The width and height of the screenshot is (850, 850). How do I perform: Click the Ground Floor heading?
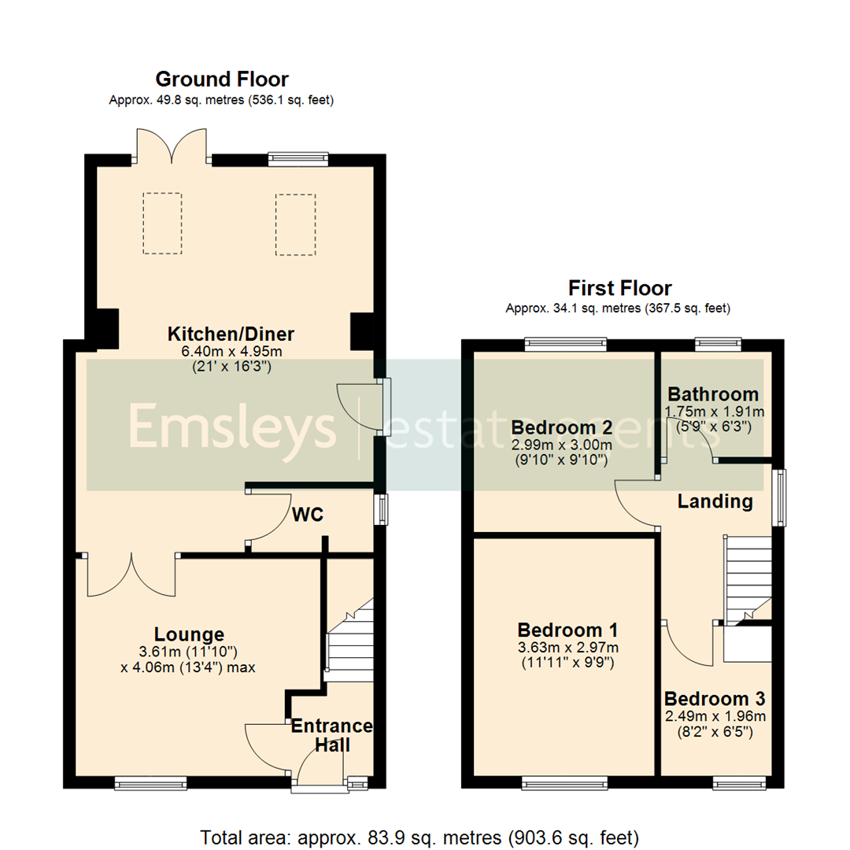221,79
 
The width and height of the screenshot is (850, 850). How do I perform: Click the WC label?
308,515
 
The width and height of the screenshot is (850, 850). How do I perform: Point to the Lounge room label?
189,634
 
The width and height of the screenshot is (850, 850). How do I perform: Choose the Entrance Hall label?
331,734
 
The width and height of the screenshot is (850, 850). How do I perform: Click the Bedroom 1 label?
567,630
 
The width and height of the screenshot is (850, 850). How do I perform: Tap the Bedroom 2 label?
562,428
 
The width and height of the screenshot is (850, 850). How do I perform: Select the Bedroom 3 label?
715,699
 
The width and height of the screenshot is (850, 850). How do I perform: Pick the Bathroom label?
713,394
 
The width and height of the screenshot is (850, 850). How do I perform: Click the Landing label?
715,501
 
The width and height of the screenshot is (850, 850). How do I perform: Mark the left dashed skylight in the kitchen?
163,224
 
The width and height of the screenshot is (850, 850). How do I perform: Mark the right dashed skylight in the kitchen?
295,224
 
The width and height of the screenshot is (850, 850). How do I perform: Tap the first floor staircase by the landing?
747,579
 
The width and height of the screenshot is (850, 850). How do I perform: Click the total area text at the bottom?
419,837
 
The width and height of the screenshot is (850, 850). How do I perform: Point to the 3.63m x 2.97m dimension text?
567,648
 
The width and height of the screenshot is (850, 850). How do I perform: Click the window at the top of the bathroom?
718,343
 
